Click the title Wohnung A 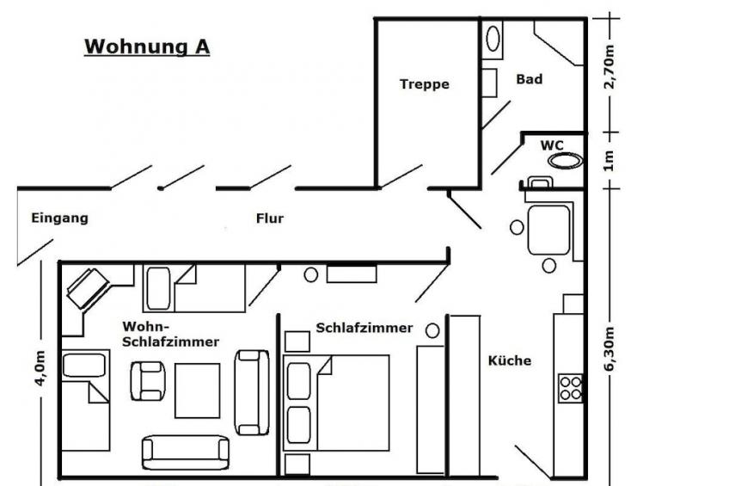pos(147,47)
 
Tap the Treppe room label pos(425,84)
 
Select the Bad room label pos(529,79)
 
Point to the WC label pos(552,145)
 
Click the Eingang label pos(59,218)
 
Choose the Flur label pos(270,218)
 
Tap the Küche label pos(510,360)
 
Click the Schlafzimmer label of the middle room pos(364,328)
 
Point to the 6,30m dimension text pos(610,349)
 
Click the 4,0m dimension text pos(40,368)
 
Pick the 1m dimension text pos(610,161)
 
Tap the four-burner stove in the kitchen pos(571,388)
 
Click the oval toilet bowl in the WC pos(565,161)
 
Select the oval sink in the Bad pos(493,39)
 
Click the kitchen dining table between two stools pos(548,230)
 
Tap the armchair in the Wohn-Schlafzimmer pos(147,381)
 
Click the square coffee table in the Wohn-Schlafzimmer pos(197,391)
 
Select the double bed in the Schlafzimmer pos(335,403)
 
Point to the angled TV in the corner pos(88,289)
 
